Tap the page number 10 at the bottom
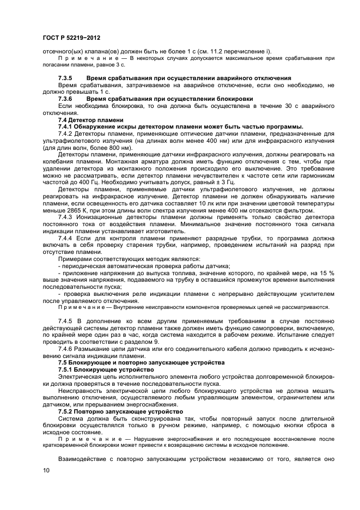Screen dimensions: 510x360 (x=46, y=470)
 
